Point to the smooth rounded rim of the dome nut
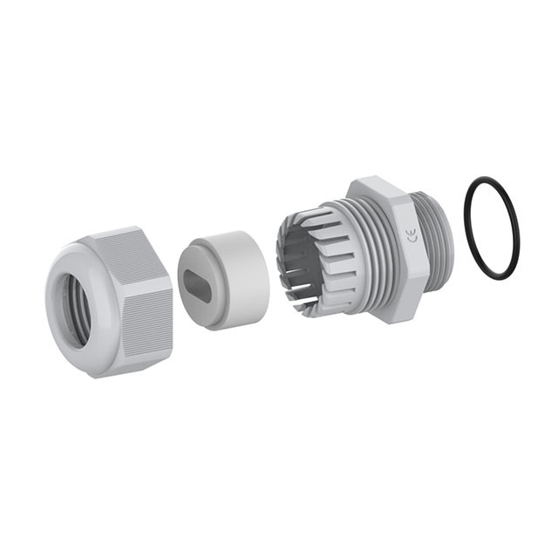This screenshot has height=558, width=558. pyautogui.click(x=53, y=320)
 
